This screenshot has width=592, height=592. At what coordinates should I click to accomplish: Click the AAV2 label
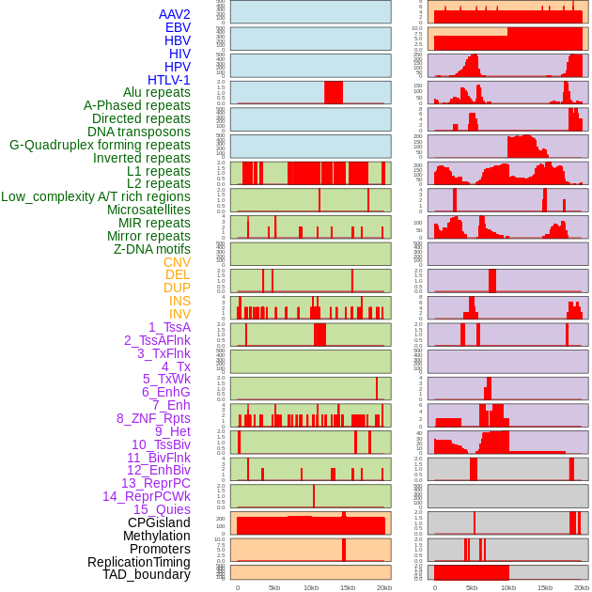174,14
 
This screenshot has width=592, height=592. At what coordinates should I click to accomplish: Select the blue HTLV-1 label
168,80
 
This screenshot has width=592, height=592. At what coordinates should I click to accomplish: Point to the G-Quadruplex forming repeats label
100,145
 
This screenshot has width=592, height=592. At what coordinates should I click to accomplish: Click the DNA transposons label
139,132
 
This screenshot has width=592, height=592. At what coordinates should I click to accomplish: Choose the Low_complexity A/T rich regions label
96,196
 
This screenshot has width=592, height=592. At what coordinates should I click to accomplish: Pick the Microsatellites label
148,210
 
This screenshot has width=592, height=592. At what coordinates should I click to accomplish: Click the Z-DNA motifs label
151,249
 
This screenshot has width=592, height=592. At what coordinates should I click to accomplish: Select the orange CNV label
177,262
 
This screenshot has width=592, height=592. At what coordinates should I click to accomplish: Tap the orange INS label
179,301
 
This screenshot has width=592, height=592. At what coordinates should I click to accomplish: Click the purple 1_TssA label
169,327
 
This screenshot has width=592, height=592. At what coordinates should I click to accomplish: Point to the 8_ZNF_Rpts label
153,418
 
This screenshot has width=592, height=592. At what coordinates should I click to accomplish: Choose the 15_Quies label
162,509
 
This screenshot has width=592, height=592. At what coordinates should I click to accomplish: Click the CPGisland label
159,522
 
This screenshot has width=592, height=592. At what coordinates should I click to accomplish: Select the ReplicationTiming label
138,562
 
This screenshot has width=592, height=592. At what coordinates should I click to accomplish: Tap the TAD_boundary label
147,574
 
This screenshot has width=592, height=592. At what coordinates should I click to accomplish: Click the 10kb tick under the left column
310,587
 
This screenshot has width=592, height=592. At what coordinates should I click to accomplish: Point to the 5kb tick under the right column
472,587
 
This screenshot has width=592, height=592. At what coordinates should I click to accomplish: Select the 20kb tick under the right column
582,587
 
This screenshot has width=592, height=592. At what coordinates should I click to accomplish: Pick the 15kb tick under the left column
347,587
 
